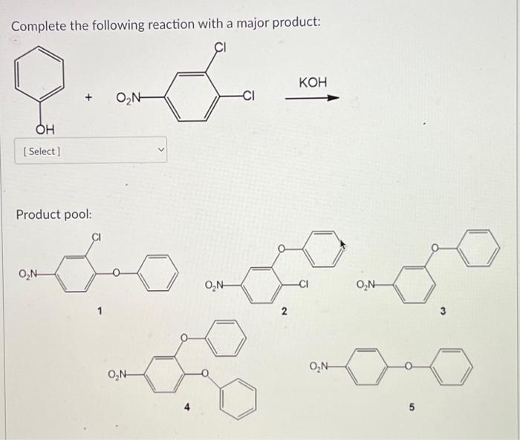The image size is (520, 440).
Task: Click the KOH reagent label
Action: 313,82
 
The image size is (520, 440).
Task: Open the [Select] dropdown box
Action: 92,151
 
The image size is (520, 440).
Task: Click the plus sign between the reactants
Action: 89,97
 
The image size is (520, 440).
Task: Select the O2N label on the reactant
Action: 130,97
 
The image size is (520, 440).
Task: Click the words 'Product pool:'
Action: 54,214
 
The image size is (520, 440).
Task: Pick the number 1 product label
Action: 100,312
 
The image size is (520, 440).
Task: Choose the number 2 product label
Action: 284,312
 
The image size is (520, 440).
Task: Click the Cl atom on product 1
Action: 96,238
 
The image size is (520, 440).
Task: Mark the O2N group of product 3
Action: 369,283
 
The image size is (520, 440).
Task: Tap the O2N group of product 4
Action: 121,373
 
